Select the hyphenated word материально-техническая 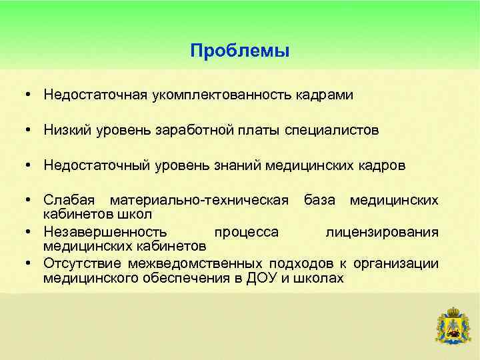point(199,200)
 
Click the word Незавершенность point(105,231)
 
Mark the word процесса point(245,231)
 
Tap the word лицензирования point(381,231)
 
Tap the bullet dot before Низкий point(31,131)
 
